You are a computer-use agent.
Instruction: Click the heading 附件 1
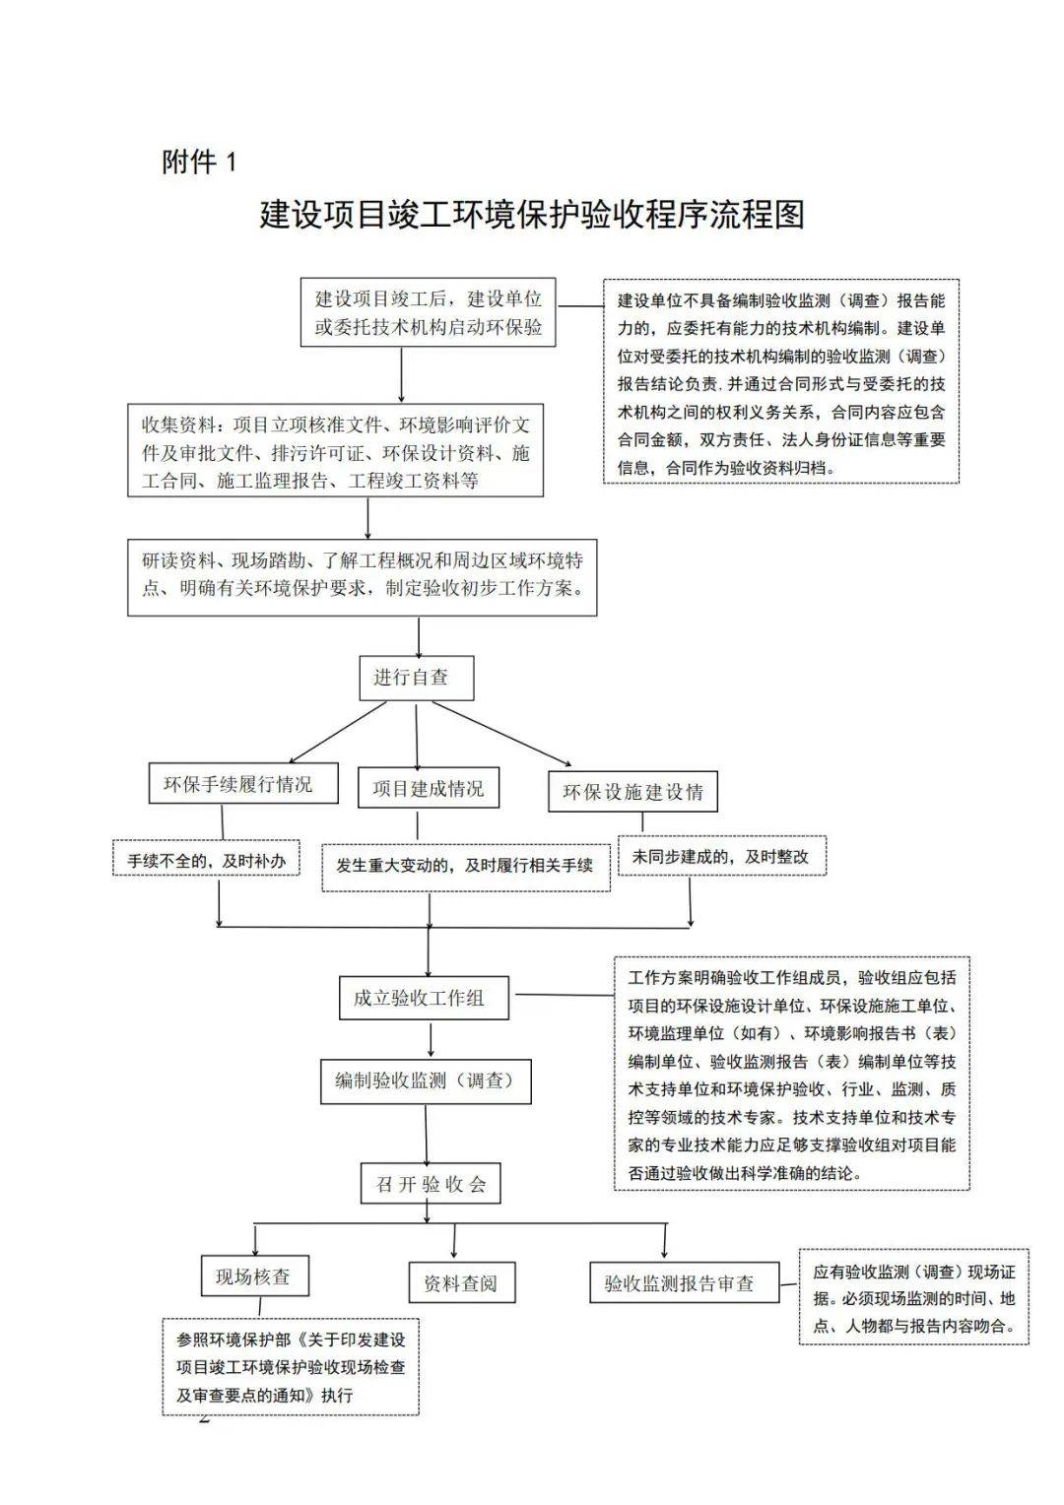tap(199, 162)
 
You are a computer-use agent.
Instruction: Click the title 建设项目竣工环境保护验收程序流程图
tap(532, 215)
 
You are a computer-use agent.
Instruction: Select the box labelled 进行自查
tap(416, 678)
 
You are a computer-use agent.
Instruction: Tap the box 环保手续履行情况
tap(243, 783)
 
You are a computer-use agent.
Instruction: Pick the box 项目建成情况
tap(429, 787)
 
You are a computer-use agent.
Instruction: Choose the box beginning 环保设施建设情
tap(633, 792)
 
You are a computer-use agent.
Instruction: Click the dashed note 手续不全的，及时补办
tap(206, 857)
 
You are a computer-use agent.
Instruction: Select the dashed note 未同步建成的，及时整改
tap(722, 855)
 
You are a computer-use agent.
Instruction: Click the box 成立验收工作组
tap(424, 998)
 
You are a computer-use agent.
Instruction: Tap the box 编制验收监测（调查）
tap(426, 1081)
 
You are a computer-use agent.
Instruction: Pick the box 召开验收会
tap(431, 1183)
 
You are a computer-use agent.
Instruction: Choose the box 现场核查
tap(255, 1276)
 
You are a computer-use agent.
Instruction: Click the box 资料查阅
tap(462, 1282)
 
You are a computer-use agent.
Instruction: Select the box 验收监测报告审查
tap(685, 1282)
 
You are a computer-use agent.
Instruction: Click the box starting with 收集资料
tap(335, 450)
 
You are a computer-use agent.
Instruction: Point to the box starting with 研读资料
tap(363, 576)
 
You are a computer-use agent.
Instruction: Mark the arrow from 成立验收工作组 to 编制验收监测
tap(431, 1039)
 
